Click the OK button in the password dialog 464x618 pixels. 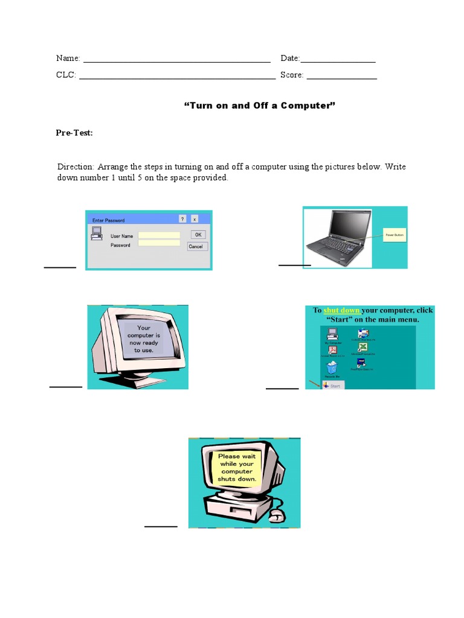point(198,235)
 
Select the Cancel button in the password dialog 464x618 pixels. point(198,246)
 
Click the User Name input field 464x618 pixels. point(159,235)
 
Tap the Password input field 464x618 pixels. point(159,243)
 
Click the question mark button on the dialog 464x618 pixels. point(182,219)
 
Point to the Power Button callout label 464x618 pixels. point(395,235)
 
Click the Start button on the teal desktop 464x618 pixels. point(333,385)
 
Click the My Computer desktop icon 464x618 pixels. point(332,334)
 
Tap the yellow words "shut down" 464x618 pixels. point(341,310)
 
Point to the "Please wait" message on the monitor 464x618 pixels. point(237,468)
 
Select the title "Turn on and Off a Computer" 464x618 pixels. point(259,106)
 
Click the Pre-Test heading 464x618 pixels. point(74,133)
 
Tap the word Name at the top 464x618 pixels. point(68,58)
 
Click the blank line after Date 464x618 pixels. point(338,60)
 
